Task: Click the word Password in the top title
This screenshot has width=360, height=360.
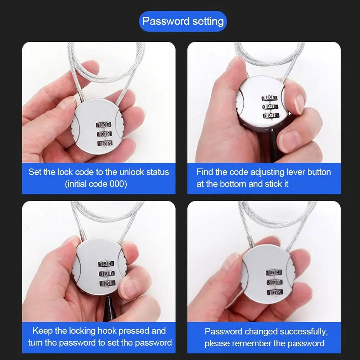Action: [166, 21]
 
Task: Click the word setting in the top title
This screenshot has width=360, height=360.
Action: [208, 22]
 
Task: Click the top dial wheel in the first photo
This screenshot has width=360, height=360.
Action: [104, 125]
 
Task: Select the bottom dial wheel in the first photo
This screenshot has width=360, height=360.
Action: [105, 144]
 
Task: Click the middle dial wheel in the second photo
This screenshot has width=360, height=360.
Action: [270, 107]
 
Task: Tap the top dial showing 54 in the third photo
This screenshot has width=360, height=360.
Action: [106, 264]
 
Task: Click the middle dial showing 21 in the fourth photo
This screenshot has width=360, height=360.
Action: [275, 282]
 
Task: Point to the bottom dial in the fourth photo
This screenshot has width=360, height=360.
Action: [275, 292]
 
